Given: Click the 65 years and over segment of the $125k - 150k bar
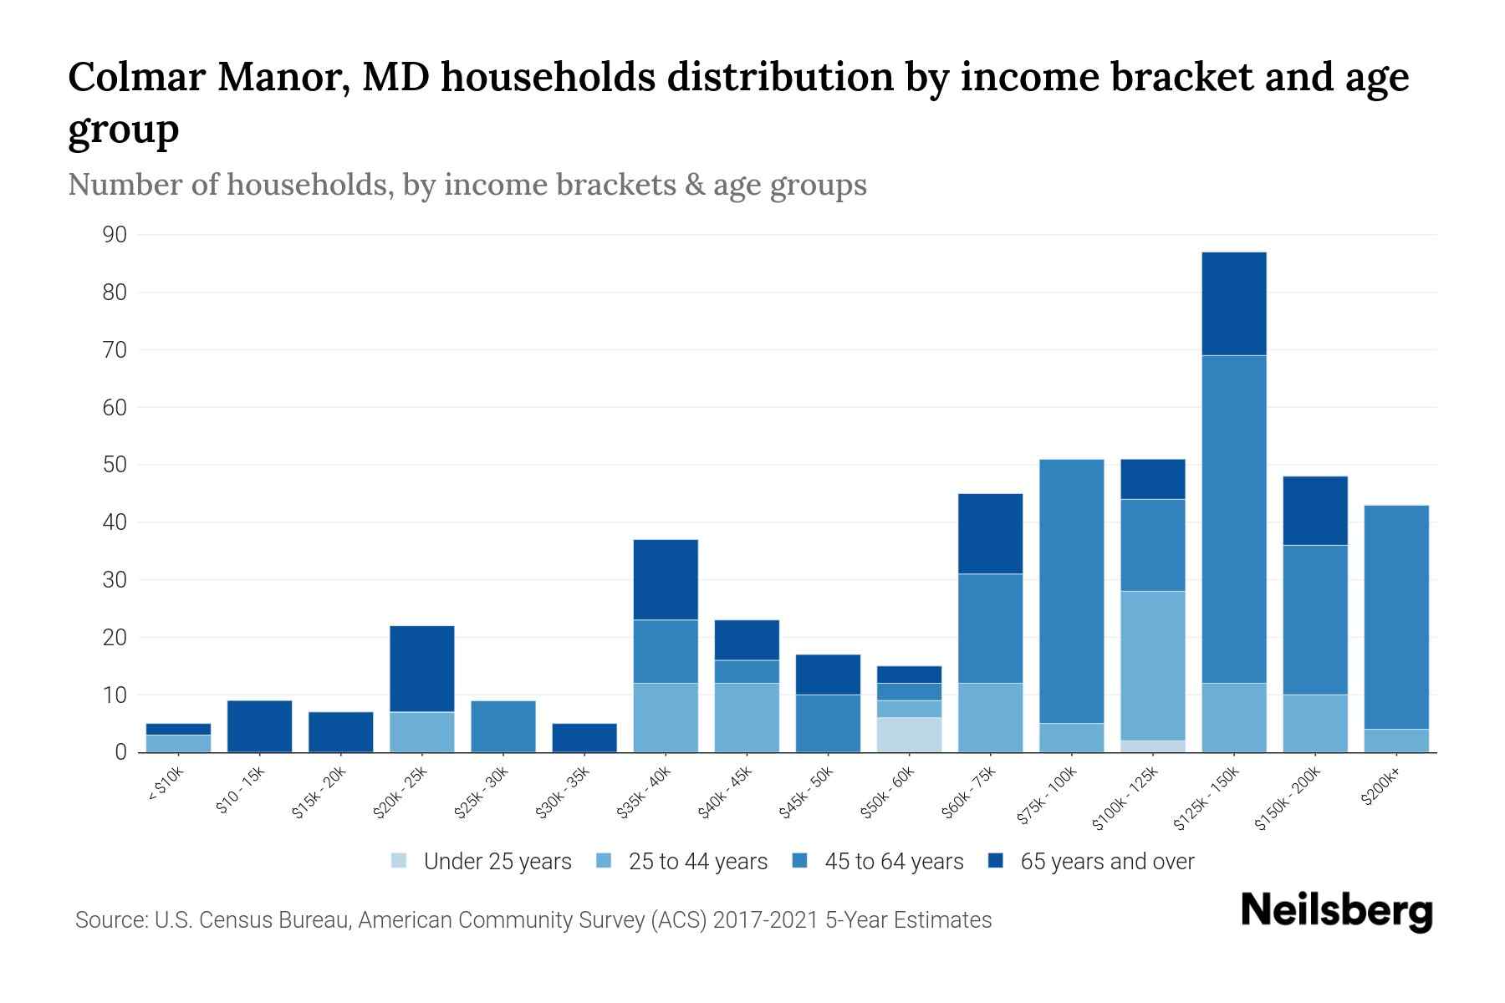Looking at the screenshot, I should (x=1233, y=303).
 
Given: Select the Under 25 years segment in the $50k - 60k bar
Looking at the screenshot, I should (x=909, y=735).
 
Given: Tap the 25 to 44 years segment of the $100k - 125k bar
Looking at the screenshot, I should (x=1152, y=665).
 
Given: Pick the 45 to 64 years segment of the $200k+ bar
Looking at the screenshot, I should (x=1395, y=617).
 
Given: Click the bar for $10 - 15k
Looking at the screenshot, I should (x=259, y=726).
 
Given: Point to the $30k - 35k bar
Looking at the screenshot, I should (x=584, y=737).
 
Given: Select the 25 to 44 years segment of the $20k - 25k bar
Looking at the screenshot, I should (x=421, y=731).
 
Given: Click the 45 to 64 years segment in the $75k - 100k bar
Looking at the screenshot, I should (x=1071, y=591).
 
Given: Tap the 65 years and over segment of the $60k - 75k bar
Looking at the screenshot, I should (x=990, y=533).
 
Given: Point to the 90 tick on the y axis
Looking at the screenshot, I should (x=115, y=235).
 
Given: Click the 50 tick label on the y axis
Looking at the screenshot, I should (x=115, y=465).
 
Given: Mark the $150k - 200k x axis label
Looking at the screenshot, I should (x=1288, y=798).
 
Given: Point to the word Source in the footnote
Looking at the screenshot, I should (x=110, y=920).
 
